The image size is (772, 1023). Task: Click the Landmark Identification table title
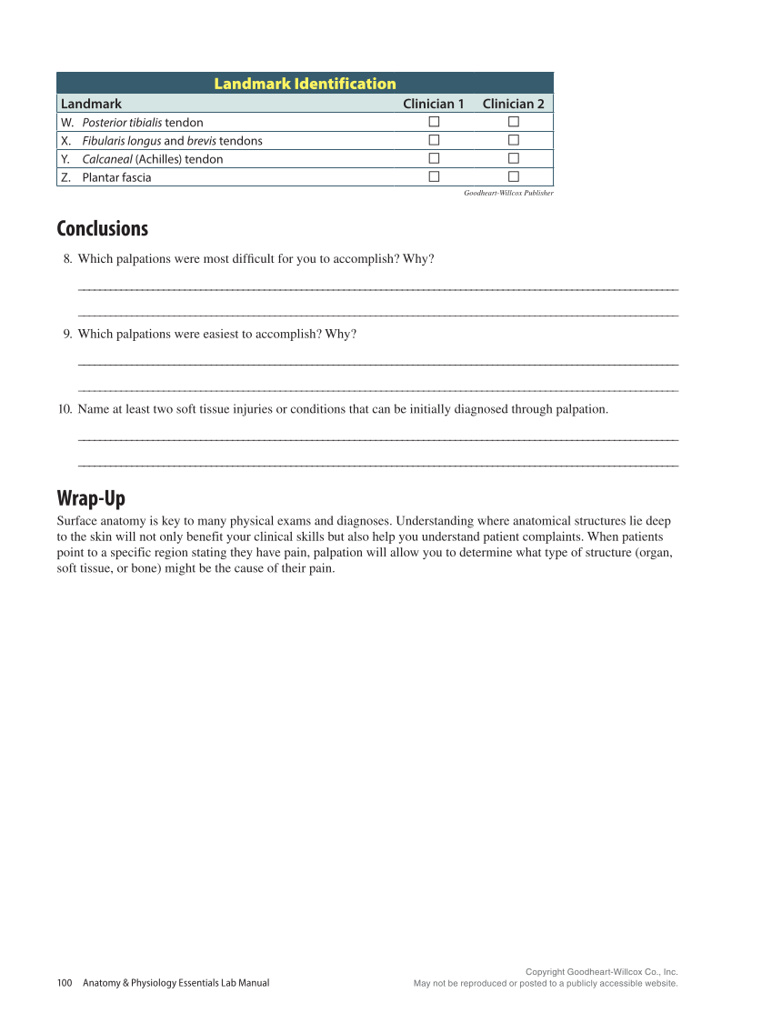[305, 84]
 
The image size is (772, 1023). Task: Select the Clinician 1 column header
[434, 104]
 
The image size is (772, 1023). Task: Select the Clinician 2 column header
[513, 104]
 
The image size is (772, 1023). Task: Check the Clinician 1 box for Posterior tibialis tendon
[434, 122]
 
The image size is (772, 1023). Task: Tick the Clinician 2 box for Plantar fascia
[513, 176]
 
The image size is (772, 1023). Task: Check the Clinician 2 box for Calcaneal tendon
[513, 158]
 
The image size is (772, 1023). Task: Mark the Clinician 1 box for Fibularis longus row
[434, 140]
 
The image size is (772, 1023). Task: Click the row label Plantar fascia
[116, 177]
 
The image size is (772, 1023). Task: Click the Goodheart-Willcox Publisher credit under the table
[508, 193]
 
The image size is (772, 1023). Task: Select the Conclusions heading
[102, 228]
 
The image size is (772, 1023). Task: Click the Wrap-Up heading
[91, 498]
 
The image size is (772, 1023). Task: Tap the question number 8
[67, 259]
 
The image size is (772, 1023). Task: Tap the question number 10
[65, 409]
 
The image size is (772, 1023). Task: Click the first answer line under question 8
[378, 289]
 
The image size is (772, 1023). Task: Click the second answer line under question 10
[378, 466]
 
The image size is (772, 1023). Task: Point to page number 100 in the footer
[65, 982]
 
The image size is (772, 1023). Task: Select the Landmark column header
[91, 104]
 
